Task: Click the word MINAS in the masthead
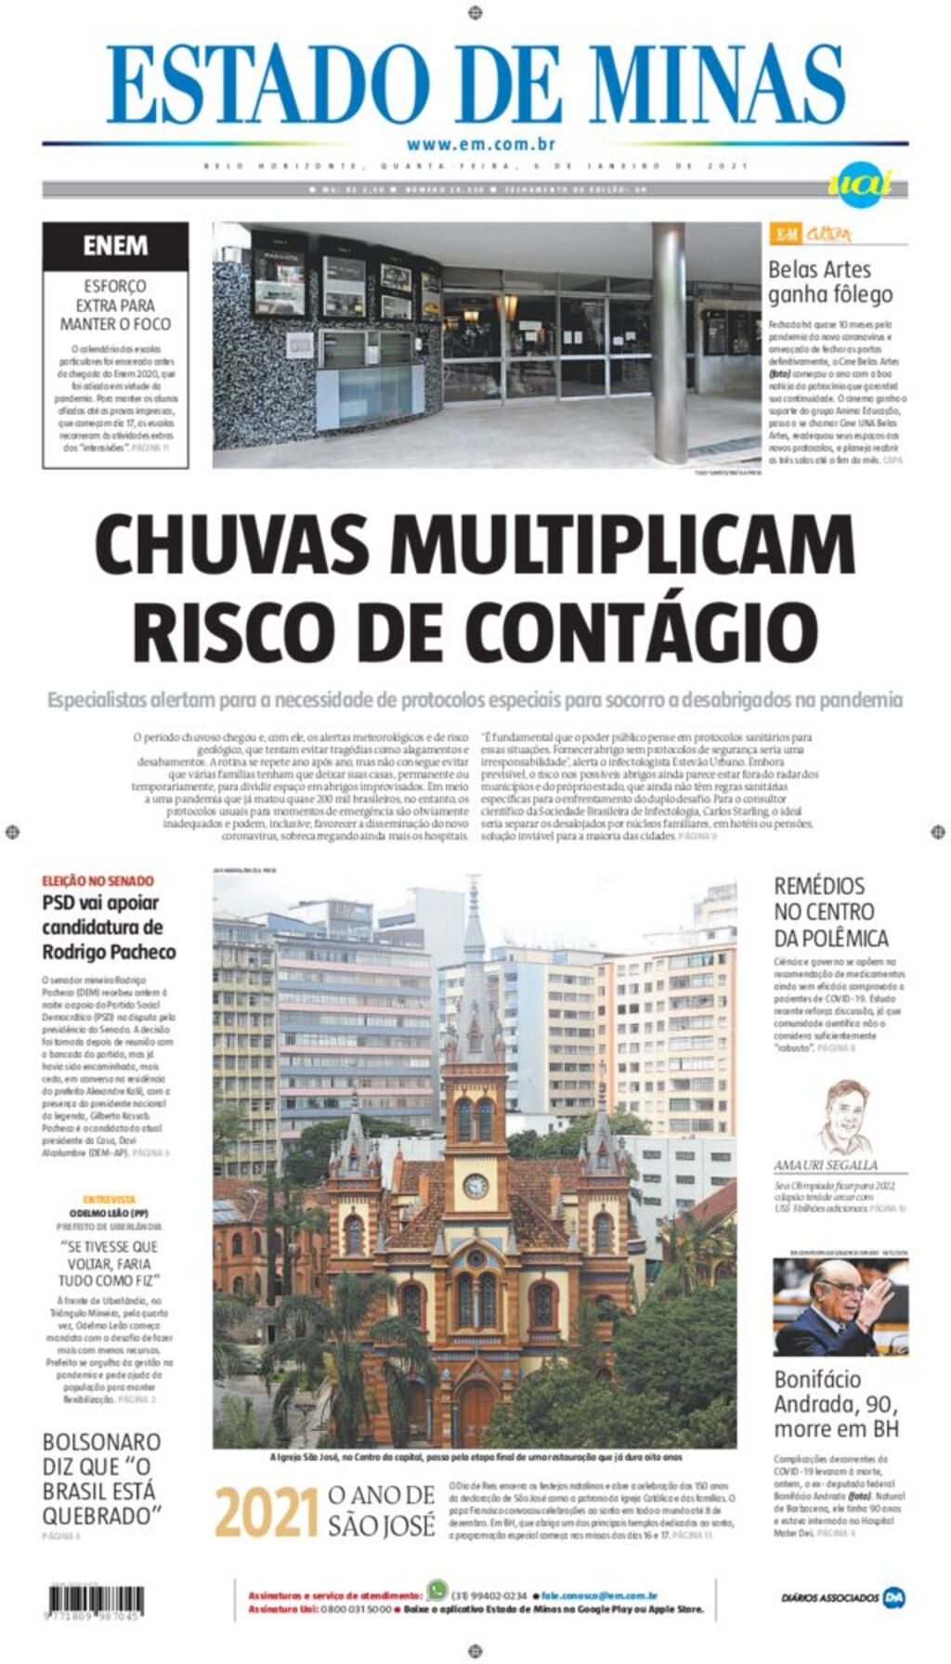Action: pyautogui.click(x=716, y=84)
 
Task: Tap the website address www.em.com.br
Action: pyautogui.click(x=480, y=144)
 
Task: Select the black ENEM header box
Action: pyautogui.click(x=115, y=246)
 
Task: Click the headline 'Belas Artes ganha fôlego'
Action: pyautogui.click(x=829, y=281)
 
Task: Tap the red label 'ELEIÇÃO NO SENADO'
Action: pyautogui.click(x=98, y=880)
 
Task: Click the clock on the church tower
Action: pyautogui.click(x=475, y=1185)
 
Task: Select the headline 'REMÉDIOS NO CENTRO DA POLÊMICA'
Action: pyautogui.click(x=830, y=912)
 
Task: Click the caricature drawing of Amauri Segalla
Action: pyautogui.click(x=844, y=1117)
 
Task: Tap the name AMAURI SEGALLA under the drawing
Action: pyautogui.click(x=825, y=1164)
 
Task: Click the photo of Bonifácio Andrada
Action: pyautogui.click(x=840, y=1306)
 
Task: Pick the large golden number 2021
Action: pyautogui.click(x=267, y=1514)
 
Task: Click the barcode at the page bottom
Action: pyautogui.click(x=96, y=1600)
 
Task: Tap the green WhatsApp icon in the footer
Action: pyautogui.click(x=436, y=1590)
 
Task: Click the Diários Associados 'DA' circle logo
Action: pyautogui.click(x=893, y=1598)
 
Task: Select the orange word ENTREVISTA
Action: pyautogui.click(x=109, y=1200)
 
